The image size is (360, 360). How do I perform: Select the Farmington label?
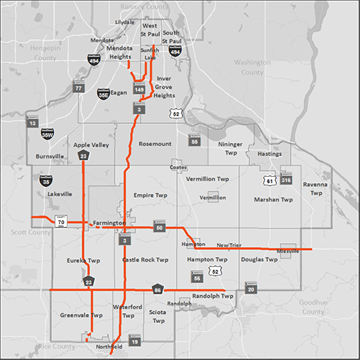coord(108,223)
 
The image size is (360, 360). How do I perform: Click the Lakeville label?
coord(58,195)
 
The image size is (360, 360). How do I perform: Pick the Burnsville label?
coord(50,156)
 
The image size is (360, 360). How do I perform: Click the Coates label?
coord(178,168)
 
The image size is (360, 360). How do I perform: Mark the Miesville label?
coord(288,252)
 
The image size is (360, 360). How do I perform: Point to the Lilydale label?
coord(124,23)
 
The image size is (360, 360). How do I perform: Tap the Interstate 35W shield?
coord(47,134)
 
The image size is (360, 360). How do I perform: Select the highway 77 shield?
coord(78,88)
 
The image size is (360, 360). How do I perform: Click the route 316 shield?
coord(286,180)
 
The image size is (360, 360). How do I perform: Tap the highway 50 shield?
coord(159,228)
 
